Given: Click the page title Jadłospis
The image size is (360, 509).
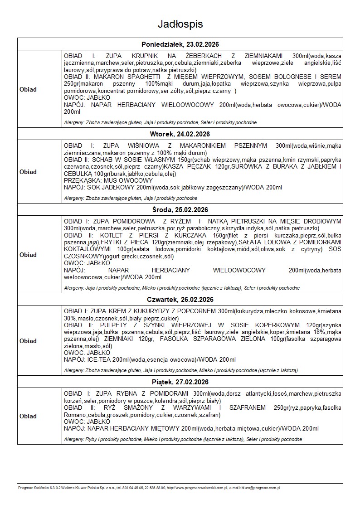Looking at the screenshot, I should [x=180, y=24].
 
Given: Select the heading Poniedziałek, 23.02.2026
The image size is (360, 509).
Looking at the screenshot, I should [x=180, y=44].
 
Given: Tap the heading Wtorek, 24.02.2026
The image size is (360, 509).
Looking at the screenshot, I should [x=180, y=134].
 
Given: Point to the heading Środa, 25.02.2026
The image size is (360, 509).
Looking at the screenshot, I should [x=180, y=209].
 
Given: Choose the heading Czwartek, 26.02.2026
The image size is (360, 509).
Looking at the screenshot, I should [x=180, y=300].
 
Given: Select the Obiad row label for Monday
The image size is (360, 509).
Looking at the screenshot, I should [x=28, y=89].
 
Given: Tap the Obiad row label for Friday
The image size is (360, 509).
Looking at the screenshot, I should [x=28, y=416].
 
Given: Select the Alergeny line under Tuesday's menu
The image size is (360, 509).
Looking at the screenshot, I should [x=131, y=198].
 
